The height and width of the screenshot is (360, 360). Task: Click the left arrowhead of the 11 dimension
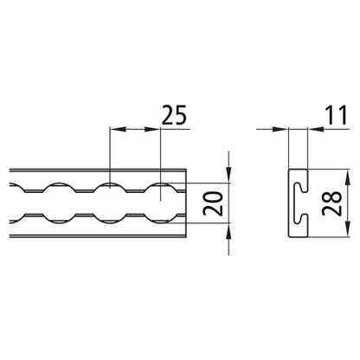coord(281,131)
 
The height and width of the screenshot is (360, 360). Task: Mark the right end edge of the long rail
coord(186,203)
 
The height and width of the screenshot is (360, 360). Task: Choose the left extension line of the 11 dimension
coord(287,147)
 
